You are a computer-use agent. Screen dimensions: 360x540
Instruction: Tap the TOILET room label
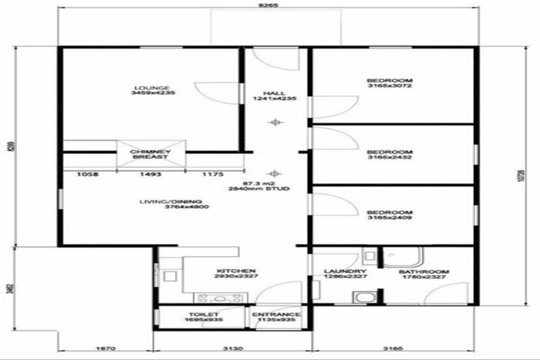pos(204,314)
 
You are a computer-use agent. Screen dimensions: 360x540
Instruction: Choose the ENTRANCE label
pos(276,314)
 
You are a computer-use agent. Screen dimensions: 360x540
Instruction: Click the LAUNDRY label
pos(345,271)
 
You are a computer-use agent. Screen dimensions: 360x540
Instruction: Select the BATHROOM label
pos(424,271)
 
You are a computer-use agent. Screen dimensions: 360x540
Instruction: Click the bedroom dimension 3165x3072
pos(389,86)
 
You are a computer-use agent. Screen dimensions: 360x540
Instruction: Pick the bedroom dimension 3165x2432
pos(389,157)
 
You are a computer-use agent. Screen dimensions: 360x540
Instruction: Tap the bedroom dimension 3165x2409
pos(389,219)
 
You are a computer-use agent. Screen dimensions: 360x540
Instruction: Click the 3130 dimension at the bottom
pos(233,347)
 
